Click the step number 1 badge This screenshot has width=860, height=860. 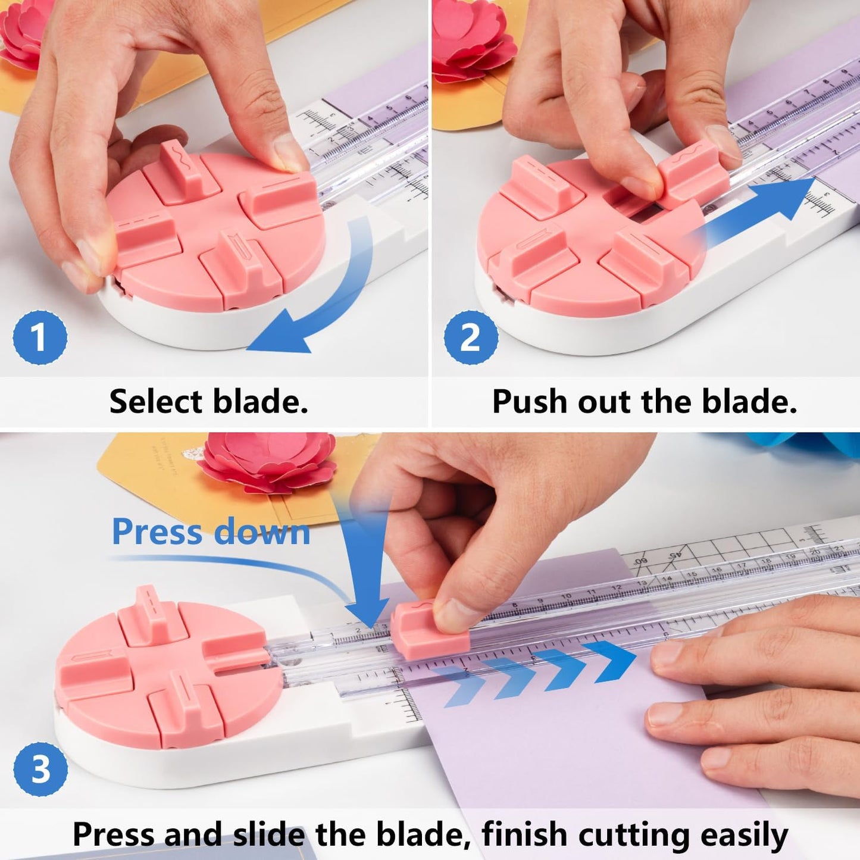click(x=40, y=337)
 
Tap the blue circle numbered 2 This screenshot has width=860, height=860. click(x=471, y=337)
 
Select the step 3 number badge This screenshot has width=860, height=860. click(x=40, y=769)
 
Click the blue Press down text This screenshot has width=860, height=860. click(x=211, y=531)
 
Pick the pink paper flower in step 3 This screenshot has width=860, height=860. click(x=268, y=461)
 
